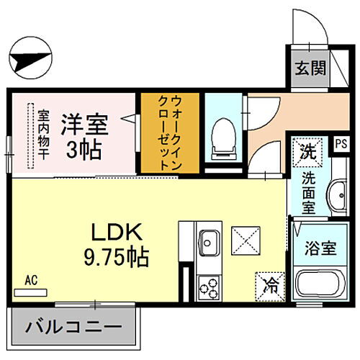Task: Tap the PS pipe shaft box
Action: pyautogui.click(x=338, y=143)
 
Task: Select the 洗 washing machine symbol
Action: pyautogui.click(x=307, y=152)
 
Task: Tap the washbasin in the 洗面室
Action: pyautogui.click(x=336, y=194)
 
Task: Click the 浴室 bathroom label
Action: pyautogui.click(x=320, y=248)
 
